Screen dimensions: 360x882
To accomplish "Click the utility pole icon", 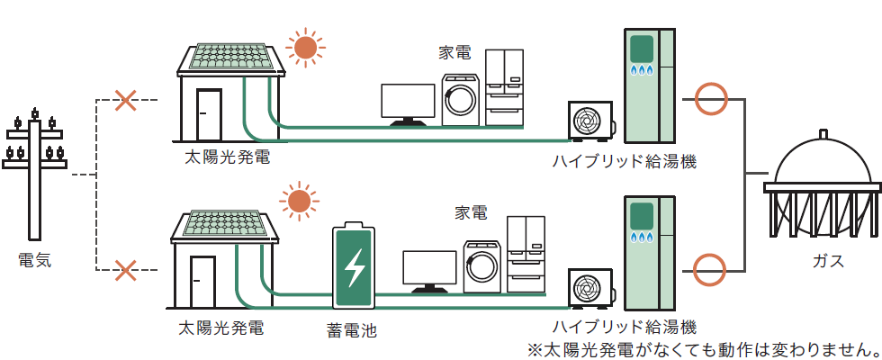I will [x=35, y=171].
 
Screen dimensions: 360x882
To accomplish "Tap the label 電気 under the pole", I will [x=35, y=261].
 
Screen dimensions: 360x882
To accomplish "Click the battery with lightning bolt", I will [x=356, y=265].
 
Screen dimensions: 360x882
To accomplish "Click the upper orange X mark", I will [x=127, y=100].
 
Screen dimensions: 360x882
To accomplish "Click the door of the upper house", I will [x=209, y=115].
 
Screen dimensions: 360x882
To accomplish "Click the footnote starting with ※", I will [x=703, y=347].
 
